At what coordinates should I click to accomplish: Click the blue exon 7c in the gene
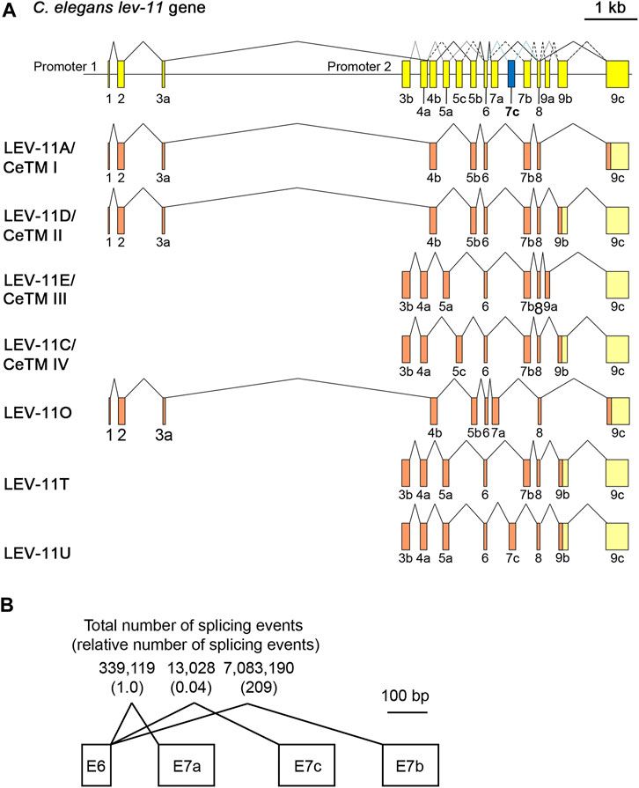click(511, 72)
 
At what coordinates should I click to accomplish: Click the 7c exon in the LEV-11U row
click(511, 534)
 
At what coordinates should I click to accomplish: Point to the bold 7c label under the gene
click(512, 112)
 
